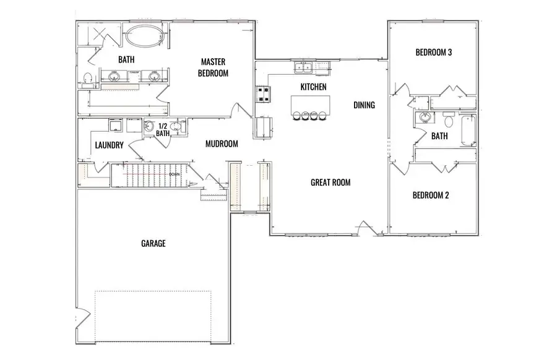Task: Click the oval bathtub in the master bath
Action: coord(144,37)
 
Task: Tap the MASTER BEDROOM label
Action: coord(213,67)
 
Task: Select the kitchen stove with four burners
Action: coord(263,94)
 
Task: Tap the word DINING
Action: coord(364,105)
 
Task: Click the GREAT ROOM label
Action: coord(330,182)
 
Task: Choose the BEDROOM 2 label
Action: coord(431,195)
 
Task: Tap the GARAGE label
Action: coord(153,244)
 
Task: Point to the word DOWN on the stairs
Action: coord(175,174)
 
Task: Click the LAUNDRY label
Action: coord(110,145)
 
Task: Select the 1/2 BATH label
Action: coord(163,129)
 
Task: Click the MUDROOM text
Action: coord(222,144)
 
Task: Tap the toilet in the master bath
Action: coord(88,78)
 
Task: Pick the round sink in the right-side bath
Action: coord(425,118)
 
